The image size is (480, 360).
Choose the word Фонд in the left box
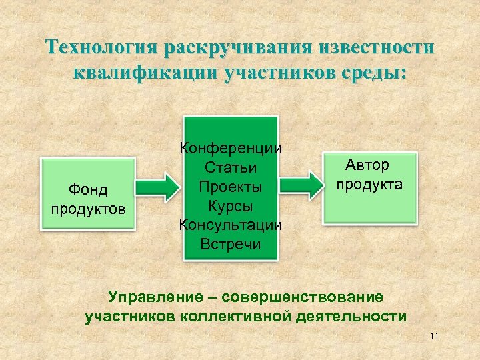click(x=88, y=191)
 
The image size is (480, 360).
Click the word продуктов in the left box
click(x=88, y=209)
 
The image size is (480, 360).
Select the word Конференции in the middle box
click(x=231, y=149)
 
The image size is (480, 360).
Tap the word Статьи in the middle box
click(x=231, y=167)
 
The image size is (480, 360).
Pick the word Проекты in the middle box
click(x=231, y=186)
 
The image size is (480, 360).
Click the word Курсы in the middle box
click(x=231, y=205)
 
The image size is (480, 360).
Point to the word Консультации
click(x=231, y=224)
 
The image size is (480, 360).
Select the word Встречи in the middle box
click(x=231, y=243)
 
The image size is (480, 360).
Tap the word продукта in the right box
click(x=369, y=184)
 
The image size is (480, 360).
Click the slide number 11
click(x=434, y=336)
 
